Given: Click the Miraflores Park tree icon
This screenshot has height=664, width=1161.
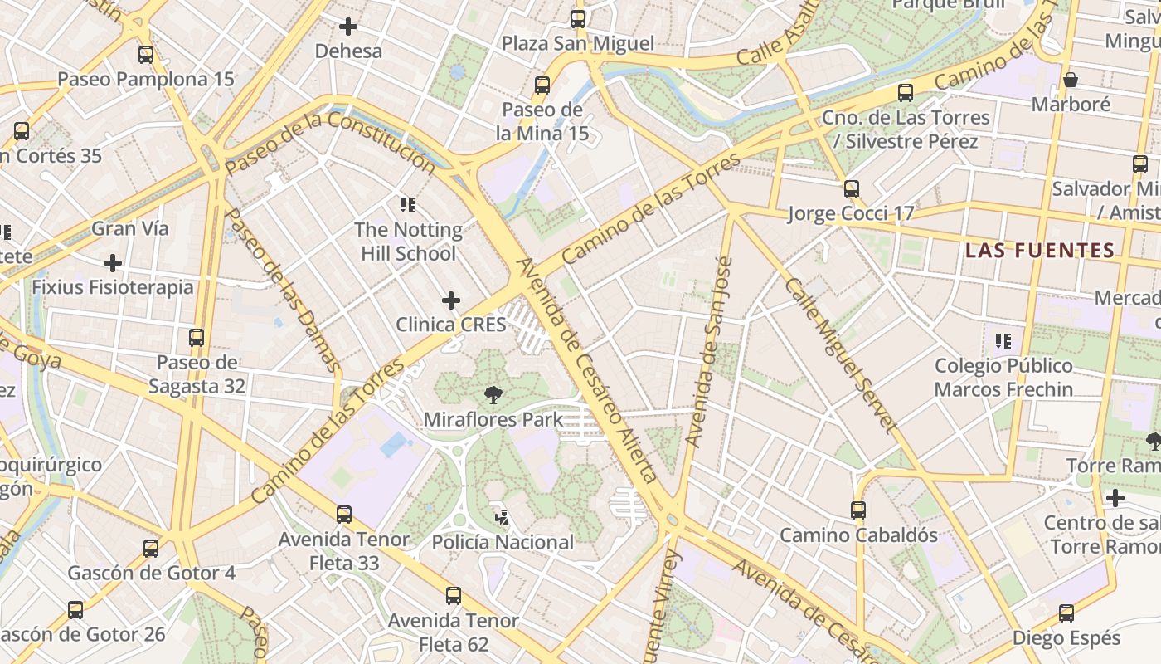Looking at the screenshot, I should click(494, 395).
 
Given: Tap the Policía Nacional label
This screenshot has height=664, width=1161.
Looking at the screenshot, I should click(503, 542).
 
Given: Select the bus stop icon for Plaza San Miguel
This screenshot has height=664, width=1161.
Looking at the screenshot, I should click(578, 18).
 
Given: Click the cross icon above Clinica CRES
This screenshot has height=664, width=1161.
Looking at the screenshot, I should click(451, 300).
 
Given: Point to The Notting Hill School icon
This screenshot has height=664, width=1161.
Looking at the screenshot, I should click(407, 204).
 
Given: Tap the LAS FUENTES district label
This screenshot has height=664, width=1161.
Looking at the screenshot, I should click(1040, 250).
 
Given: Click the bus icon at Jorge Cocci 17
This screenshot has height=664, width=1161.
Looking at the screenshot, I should click(851, 189).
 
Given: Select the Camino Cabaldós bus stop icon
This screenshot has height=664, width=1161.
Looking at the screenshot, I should click(858, 510).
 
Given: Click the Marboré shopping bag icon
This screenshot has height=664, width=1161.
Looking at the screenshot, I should click(1071, 80).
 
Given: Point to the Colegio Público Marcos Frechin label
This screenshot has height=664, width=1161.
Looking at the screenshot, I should click(1003, 377).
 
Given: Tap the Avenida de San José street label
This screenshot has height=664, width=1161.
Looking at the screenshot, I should click(711, 352).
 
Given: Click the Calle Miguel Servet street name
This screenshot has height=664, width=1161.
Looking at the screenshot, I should click(840, 355).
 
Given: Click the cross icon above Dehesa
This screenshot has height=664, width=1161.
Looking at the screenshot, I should click(348, 27).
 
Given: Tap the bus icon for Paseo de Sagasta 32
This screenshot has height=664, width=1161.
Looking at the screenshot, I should click(197, 338).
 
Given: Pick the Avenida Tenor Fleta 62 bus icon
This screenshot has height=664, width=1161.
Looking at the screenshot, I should click(453, 596).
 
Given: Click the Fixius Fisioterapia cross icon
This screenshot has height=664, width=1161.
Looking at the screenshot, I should click(113, 263).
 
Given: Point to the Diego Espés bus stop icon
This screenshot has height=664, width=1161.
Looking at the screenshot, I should click(1066, 614).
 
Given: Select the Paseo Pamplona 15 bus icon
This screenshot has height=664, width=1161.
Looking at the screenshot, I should click(146, 55).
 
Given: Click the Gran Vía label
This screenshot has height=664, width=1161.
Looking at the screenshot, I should click(129, 228).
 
